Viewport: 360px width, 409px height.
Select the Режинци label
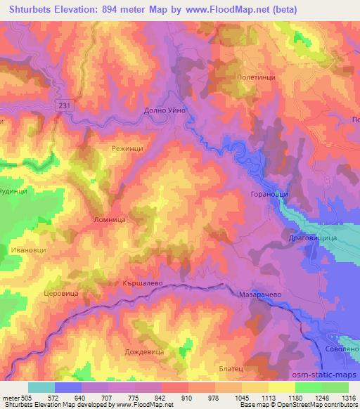click(x=127, y=149)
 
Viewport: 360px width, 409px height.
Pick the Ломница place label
click(x=109, y=220)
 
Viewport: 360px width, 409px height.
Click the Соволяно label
click(x=342, y=349)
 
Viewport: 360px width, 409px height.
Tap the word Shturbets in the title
click(x=26, y=9)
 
